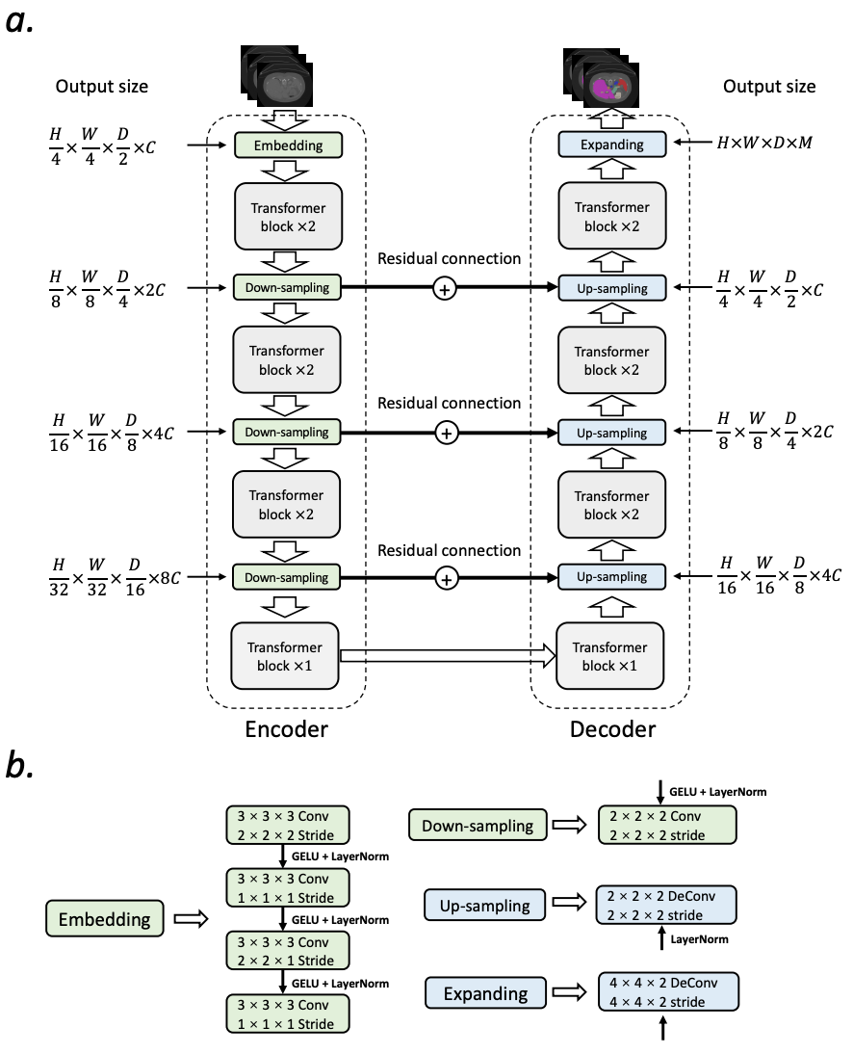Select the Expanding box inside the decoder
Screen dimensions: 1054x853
pos(612,145)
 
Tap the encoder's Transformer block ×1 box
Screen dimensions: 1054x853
pos(286,656)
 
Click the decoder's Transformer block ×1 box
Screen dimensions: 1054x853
pos(611,656)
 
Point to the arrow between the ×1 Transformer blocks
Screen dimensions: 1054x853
pos(448,657)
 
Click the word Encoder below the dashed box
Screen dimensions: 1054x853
pos(286,729)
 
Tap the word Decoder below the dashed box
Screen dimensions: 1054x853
pos(613,729)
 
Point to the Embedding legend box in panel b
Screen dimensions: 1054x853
pos(105,918)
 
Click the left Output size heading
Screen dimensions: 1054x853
pos(101,86)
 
